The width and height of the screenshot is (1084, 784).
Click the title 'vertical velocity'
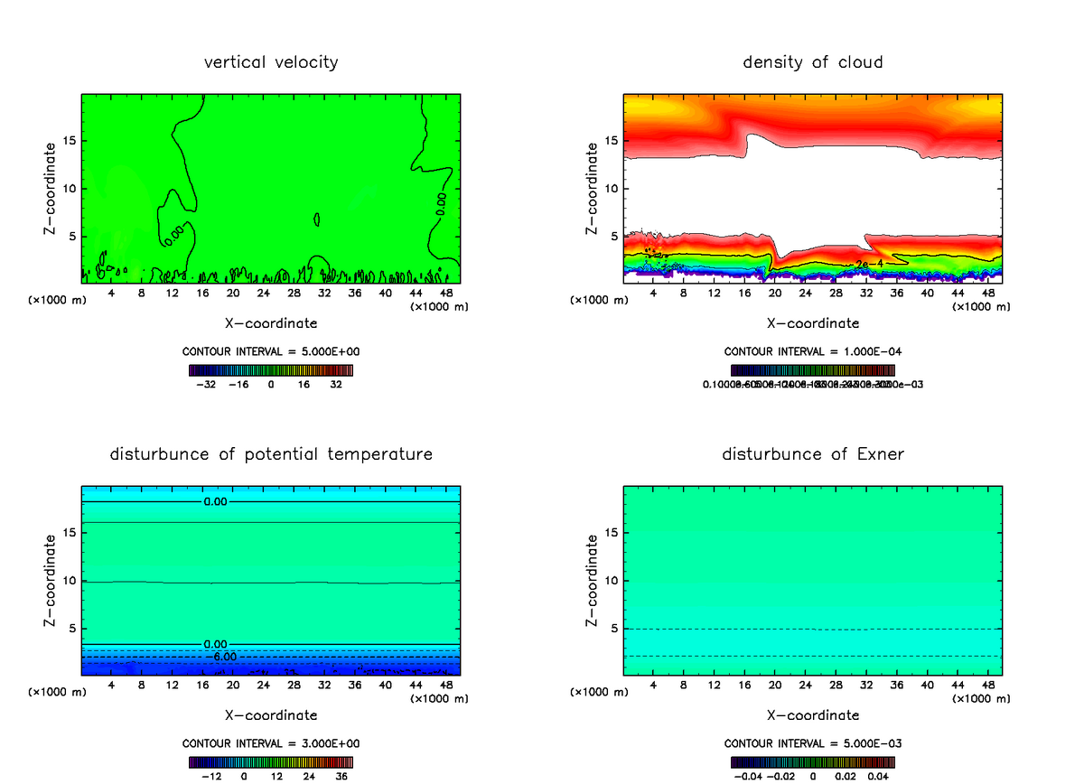point(271,62)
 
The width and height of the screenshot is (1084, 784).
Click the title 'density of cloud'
point(813,62)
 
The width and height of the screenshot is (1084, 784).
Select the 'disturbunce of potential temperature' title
point(271,453)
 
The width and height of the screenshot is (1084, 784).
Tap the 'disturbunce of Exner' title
point(813,453)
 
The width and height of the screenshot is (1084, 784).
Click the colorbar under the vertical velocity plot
point(271,370)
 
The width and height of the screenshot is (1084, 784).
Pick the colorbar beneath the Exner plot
point(813,761)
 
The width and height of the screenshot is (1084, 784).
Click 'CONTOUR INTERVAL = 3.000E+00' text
point(271,743)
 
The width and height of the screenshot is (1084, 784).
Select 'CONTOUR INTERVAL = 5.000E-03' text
point(813,743)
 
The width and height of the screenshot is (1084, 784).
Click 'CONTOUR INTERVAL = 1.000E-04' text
point(813,352)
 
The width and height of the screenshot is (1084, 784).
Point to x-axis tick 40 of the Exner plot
point(927,686)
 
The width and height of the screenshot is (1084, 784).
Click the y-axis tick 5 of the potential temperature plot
point(72,628)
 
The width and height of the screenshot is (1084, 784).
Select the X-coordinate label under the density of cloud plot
point(813,322)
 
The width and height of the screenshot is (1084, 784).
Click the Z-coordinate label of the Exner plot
point(593,580)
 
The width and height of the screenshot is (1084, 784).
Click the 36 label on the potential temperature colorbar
point(341,775)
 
